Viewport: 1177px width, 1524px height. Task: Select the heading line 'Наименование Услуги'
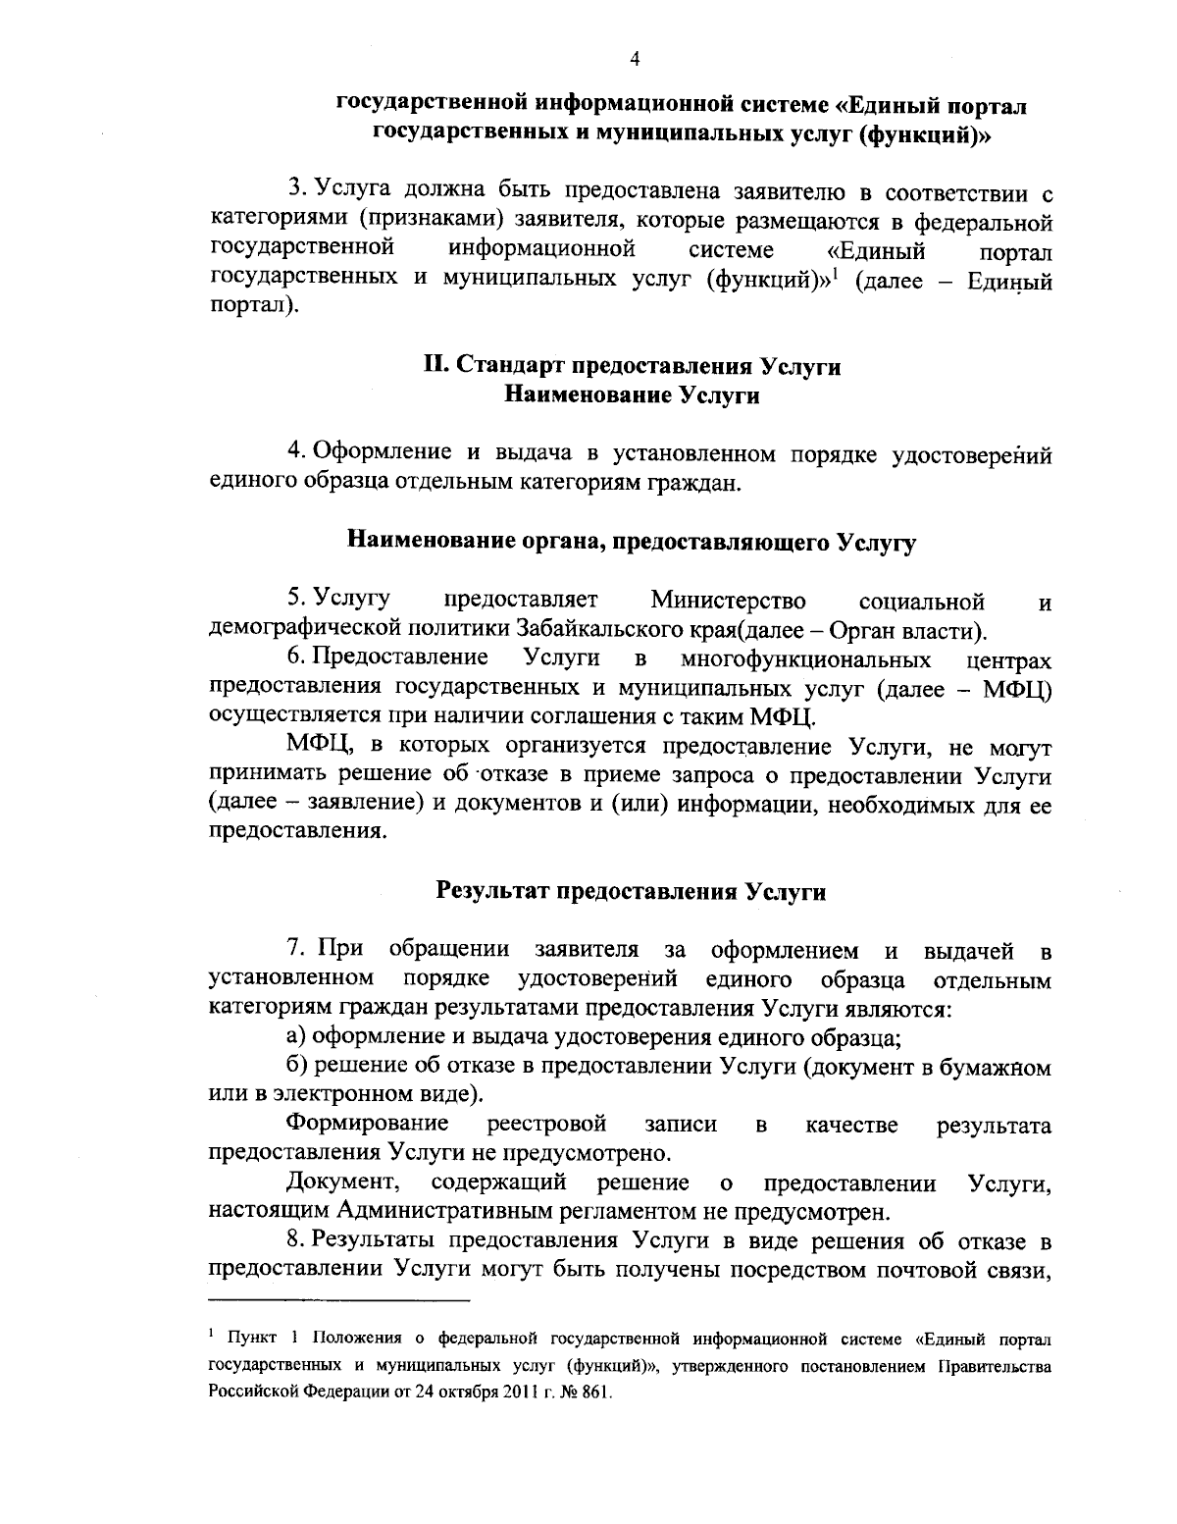tap(633, 395)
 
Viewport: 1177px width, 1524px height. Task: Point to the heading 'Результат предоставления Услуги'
tap(631, 892)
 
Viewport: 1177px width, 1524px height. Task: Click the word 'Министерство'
tap(728, 600)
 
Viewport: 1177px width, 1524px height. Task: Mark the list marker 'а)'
tap(296, 1037)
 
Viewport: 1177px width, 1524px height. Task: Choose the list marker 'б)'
tap(296, 1067)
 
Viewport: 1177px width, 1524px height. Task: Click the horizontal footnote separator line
tap(340, 1301)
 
